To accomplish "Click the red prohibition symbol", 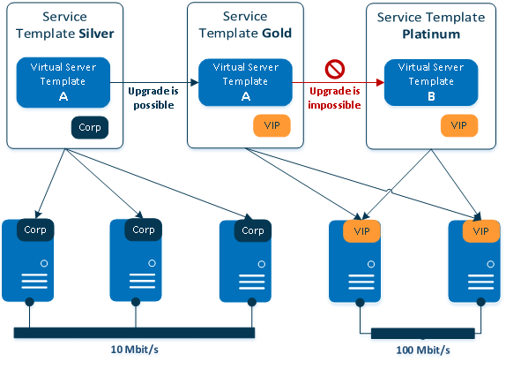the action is pyautogui.click(x=335, y=69).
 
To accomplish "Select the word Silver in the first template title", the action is pyautogui.click(x=96, y=34).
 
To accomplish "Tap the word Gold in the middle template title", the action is pyautogui.click(x=277, y=33).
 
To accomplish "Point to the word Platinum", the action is pyautogui.click(x=431, y=34).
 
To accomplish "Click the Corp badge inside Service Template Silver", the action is pyautogui.click(x=90, y=127).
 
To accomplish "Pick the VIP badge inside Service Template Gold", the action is pyautogui.click(x=272, y=125).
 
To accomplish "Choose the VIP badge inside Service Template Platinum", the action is pyautogui.click(x=459, y=125).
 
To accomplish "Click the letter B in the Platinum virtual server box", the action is pyautogui.click(x=431, y=96).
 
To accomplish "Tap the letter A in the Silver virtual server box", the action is pyautogui.click(x=63, y=96).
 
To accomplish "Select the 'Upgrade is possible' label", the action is pyautogui.click(x=153, y=98).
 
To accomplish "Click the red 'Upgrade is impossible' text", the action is pyautogui.click(x=334, y=98).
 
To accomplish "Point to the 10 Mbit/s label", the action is pyautogui.click(x=134, y=350).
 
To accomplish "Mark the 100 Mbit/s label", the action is pyautogui.click(x=423, y=350).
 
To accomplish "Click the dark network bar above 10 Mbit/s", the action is pyautogui.click(x=134, y=333).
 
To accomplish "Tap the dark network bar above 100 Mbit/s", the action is pyautogui.click(x=423, y=334).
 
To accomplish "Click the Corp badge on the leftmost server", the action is pyautogui.click(x=35, y=230).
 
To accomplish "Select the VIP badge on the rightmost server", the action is pyautogui.click(x=480, y=231).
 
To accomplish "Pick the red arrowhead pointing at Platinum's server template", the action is pyautogui.click(x=380, y=82).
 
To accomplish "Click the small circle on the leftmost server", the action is pyautogui.click(x=44, y=263).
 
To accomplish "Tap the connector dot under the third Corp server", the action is pyautogui.click(x=252, y=302).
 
